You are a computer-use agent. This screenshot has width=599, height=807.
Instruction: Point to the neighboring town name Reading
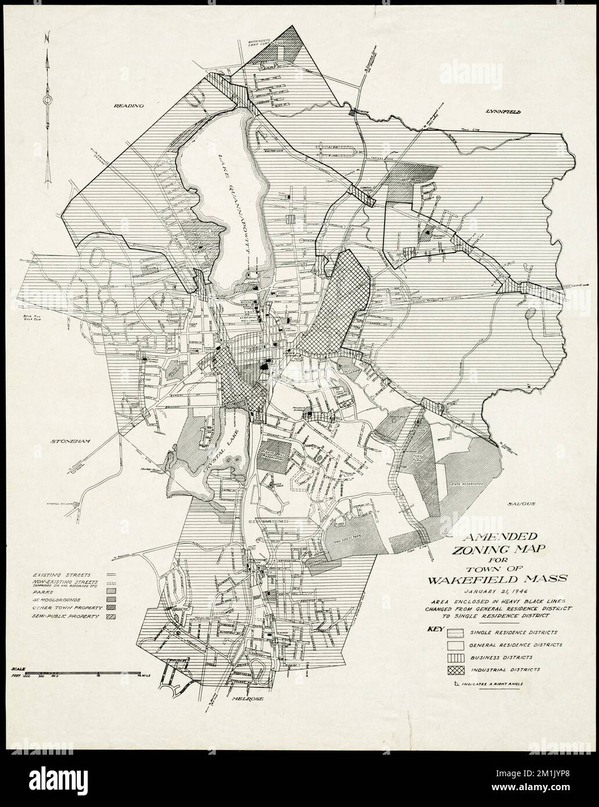coord(128,106)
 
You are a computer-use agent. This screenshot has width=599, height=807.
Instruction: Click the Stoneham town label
coord(72,441)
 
